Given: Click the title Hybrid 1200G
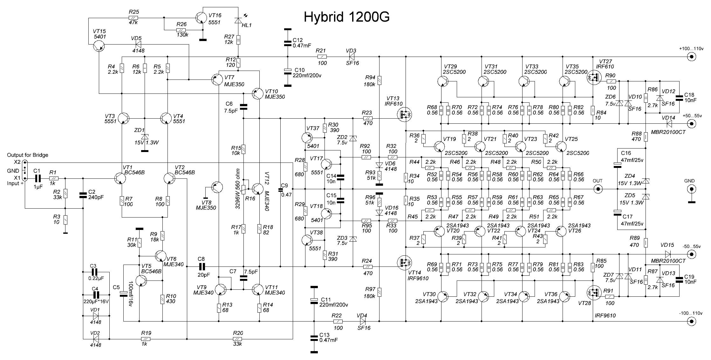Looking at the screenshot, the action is tap(346, 17).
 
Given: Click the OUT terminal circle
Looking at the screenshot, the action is tap(598, 189).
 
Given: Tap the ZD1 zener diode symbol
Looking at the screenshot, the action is tap(144, 137).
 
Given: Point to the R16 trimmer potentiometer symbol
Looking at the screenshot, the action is tap(243, 189).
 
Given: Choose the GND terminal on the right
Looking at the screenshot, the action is tap(691, 190).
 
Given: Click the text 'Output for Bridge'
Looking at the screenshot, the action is tap(28, 155).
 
